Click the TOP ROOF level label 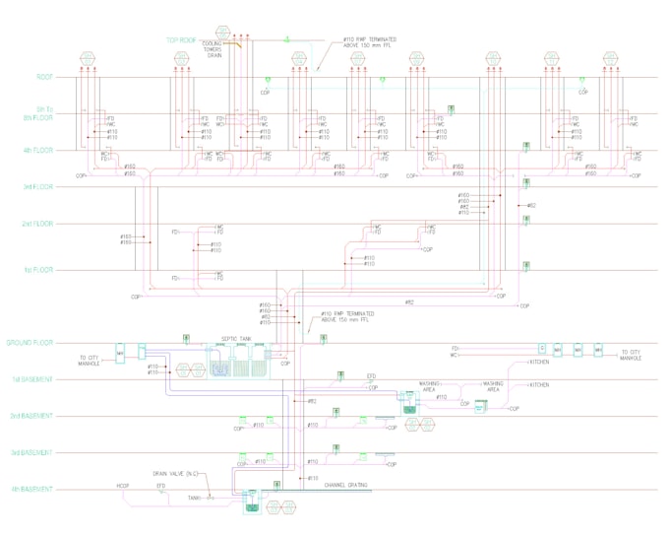point(183,40)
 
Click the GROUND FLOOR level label point(30,343)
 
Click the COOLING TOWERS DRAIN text point(213,49)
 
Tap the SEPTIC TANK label point(236,337)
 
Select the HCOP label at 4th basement point(123,486)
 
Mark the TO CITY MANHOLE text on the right point(630,355)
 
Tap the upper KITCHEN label point(540,362)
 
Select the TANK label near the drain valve point(195,498)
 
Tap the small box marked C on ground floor point(541,349)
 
